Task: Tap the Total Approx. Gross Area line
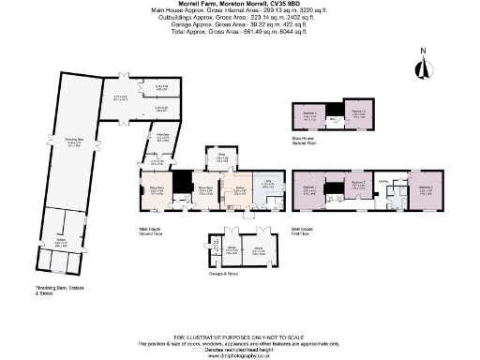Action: pos(240,33)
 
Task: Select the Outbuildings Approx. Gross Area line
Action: pos(240,19)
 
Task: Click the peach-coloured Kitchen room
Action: pos(240,190)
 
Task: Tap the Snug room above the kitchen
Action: pos(222,158)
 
